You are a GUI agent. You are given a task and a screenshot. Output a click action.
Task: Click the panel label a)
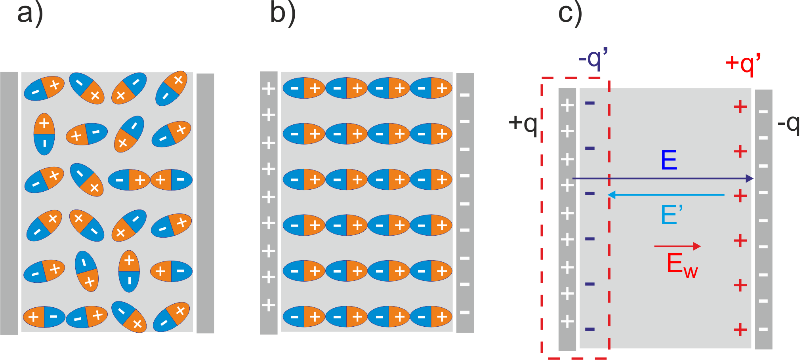click(30, 14)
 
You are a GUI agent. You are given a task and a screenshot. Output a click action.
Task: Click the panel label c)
click(570, 14)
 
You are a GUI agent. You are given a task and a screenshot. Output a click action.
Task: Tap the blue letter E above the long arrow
click(669, 160)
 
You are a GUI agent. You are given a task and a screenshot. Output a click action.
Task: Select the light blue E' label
click(672, 215)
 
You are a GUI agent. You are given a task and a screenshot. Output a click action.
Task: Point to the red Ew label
click(682, 265)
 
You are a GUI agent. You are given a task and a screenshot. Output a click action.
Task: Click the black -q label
click(788, 124)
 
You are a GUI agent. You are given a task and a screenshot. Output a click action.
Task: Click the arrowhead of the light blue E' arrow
click(611, 195)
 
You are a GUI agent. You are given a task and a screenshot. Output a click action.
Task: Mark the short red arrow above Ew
click(677, 246)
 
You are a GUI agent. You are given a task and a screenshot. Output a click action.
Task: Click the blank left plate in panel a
click(9, 203)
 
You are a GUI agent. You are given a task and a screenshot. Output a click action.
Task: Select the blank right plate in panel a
click(205, 203)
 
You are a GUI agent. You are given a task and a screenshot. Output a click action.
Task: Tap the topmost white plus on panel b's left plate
click(269, 89)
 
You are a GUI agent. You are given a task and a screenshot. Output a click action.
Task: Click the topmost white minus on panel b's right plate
click(465, 95)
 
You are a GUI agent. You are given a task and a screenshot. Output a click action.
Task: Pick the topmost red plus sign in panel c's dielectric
click(740, 107)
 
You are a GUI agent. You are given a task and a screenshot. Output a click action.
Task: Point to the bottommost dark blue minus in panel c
click(590, 329)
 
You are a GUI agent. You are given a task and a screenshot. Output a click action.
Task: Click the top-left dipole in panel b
click(304, 88)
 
